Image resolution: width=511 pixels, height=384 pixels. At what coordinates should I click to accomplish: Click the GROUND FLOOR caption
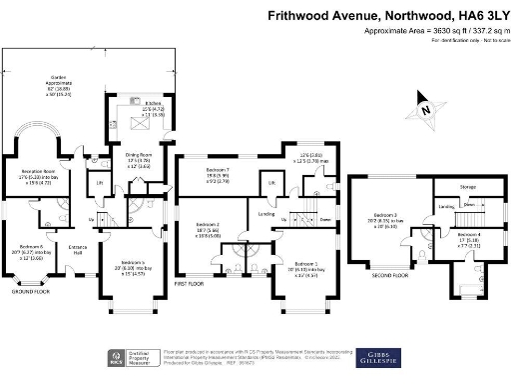[x=31, y=292]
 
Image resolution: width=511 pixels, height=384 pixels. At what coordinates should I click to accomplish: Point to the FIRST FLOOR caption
[x=189, y=283]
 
